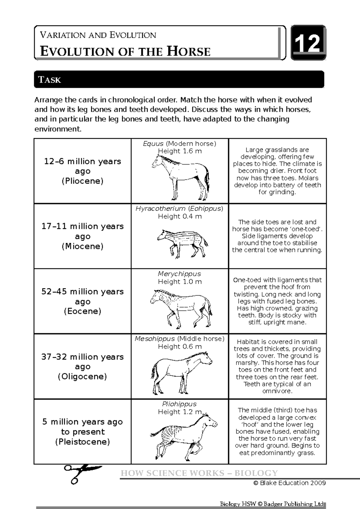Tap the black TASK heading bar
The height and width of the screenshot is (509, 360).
pos(179,79)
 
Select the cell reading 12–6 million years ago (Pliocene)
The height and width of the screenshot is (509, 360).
pos(82,171)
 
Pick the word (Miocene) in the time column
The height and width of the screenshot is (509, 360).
pos(82,246)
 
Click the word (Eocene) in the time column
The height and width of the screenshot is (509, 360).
pos(82,311)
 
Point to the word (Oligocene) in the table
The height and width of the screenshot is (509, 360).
pos(82,377)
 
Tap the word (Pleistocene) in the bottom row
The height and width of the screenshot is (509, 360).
pos(82,442)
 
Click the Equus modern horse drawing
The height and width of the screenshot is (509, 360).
pos(180,177)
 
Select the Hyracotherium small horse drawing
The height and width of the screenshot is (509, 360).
pos(182,242)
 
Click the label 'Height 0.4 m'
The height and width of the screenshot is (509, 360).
pos(180,216)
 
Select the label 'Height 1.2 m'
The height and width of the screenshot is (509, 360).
pos(180,412)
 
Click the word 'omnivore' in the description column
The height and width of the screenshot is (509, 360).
pos(277,391)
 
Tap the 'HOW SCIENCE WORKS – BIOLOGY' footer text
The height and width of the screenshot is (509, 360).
pos(199,473)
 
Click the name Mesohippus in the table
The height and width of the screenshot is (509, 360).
pos(155,339)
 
